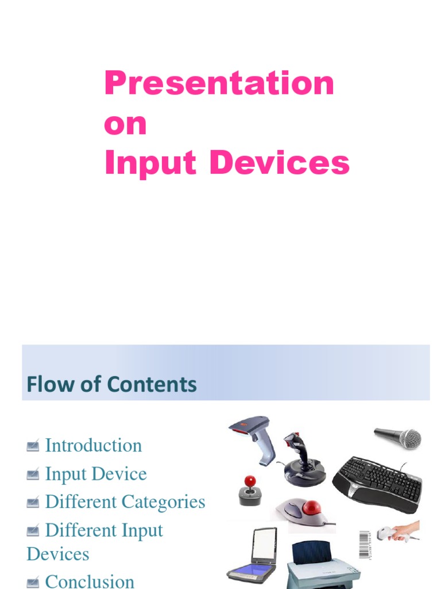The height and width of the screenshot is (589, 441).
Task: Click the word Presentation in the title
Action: coord(219,83)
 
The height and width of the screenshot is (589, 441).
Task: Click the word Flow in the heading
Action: coord(47,384)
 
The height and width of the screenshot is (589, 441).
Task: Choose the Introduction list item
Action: coord(93,445)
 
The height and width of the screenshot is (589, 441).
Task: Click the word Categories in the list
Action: coord(166,502)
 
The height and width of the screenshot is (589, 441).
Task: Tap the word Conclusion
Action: coord(90,581)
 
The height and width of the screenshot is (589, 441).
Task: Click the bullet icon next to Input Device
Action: coord(33,474)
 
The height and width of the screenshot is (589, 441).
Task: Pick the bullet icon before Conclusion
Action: coord(33,582)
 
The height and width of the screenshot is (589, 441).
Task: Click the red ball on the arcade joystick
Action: coord(250,481)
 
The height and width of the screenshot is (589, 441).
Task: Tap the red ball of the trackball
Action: coord(312,508)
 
